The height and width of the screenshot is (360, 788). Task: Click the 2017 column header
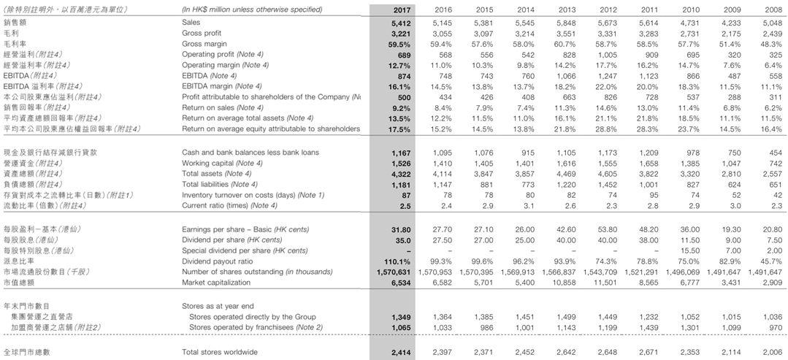[402, 9]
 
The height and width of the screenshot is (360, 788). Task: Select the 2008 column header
[773, 9]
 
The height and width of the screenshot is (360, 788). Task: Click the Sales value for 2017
[402, 23]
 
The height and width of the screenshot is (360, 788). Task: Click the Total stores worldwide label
[219, 353]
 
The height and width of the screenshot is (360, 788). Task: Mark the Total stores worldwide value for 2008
[771, 353]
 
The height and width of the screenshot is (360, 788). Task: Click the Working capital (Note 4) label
[222, 163]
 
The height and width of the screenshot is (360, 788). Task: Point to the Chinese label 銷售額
[15, 23]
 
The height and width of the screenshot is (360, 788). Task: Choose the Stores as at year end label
[218, 306]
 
